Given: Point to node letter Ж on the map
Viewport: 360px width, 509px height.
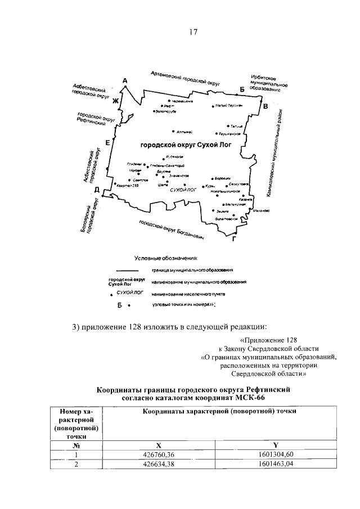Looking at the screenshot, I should [115, 101].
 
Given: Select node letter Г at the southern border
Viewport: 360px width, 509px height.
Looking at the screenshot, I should [233, 238].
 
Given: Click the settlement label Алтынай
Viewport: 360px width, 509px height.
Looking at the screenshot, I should [184, 132].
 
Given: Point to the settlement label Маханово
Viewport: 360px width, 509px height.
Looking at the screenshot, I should [262, 211].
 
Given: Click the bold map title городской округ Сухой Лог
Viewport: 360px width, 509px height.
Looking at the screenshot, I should [186, 145].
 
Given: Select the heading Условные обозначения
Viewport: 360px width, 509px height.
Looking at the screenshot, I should [166, 259].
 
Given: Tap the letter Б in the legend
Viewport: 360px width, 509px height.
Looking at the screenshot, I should [120, 305].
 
